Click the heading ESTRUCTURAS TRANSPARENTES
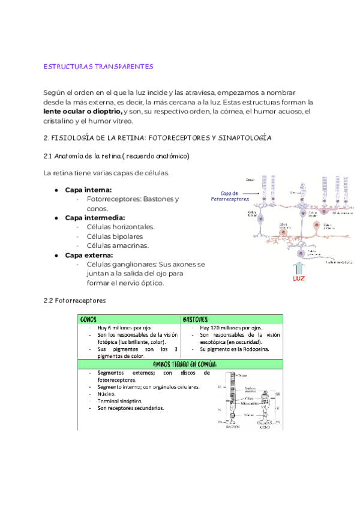tap(99, 66)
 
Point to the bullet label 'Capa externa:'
tap(89, 255)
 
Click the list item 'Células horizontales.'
tap(121, 227)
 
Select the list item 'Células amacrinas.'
tap(118, 245)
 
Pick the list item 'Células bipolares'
tap(115, 236)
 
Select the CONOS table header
tap(89, 319)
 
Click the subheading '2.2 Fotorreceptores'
tap(75, 300)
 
